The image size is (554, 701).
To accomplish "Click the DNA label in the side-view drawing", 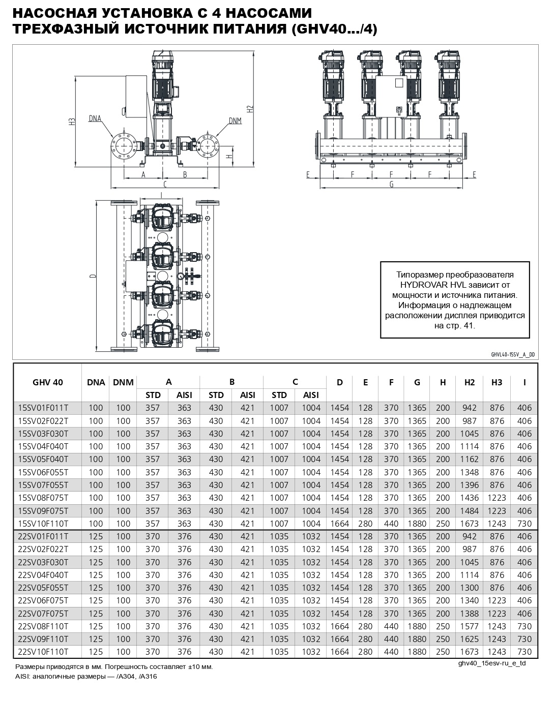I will click(95, 118).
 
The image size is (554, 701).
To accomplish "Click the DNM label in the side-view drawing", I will click(235, 121).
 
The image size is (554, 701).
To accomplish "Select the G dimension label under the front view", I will click(391, 185).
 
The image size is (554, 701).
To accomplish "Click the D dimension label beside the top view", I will click(92, 276).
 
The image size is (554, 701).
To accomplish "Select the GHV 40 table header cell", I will click(47, 382).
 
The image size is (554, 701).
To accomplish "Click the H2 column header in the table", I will click(469, 382).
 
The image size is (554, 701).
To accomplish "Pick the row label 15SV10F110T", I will click(43, 523).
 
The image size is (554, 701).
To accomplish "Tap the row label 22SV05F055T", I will click(43, 587).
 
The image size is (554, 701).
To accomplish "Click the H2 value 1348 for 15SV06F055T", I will click(469, 472).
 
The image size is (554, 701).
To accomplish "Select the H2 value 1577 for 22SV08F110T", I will click(469, 626).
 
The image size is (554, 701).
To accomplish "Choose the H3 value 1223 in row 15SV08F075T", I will click(497, 498).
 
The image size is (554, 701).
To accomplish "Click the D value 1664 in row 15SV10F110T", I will click(340, 523).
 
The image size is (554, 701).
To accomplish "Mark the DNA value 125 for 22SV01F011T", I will click(96, 536).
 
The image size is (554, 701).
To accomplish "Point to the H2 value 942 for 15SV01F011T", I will click(469, 408).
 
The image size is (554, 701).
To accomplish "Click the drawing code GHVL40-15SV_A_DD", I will click(513, 355).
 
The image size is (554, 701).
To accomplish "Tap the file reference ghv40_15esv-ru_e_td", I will click(492, 663).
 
